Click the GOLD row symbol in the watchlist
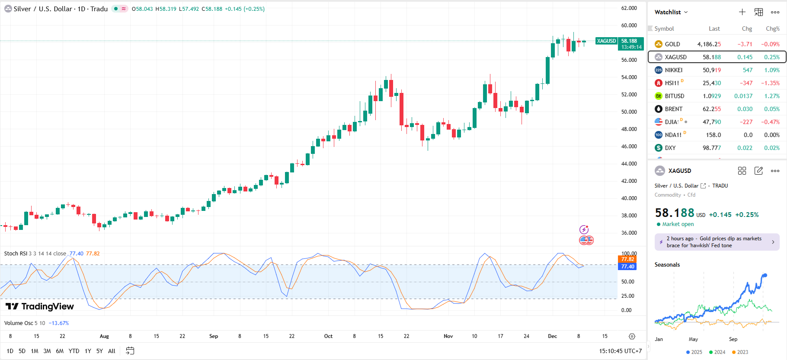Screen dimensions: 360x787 coord(672,44)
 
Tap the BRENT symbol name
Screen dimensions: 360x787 coord(673,109)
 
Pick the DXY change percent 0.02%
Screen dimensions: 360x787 coord(771,148)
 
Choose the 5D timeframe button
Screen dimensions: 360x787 coord(22,351)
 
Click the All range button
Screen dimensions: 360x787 coord(112,351)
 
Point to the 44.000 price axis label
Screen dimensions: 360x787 coord(629,164)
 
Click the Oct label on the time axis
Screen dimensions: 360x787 coord(328,336)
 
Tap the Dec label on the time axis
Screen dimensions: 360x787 coord(552,336)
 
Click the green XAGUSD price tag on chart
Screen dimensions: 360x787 coord(606,41)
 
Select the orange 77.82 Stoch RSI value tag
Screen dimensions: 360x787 coord(627,259)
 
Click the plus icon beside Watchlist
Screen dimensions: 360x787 coord(742,12)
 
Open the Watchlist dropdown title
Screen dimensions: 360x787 coord(671,12)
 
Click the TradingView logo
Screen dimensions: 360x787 coord(40,306)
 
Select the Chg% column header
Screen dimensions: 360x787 coord(772,29)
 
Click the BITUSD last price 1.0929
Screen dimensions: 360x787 coord(711,96)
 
